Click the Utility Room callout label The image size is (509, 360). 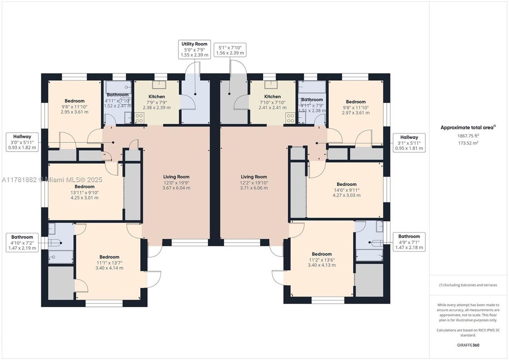194,49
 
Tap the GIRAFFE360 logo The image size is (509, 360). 468,345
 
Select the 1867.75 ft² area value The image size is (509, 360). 468,136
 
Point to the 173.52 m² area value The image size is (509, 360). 468,143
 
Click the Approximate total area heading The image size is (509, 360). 468,128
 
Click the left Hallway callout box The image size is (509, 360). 22,142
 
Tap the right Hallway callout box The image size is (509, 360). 409,142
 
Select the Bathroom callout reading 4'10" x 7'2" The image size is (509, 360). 22,243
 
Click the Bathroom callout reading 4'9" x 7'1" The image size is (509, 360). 409,242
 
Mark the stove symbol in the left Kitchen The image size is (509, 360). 140,118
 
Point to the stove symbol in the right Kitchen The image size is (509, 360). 290,118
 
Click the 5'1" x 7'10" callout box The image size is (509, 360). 230,50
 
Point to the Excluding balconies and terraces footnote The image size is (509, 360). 468,285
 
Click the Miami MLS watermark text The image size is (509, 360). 52,180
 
